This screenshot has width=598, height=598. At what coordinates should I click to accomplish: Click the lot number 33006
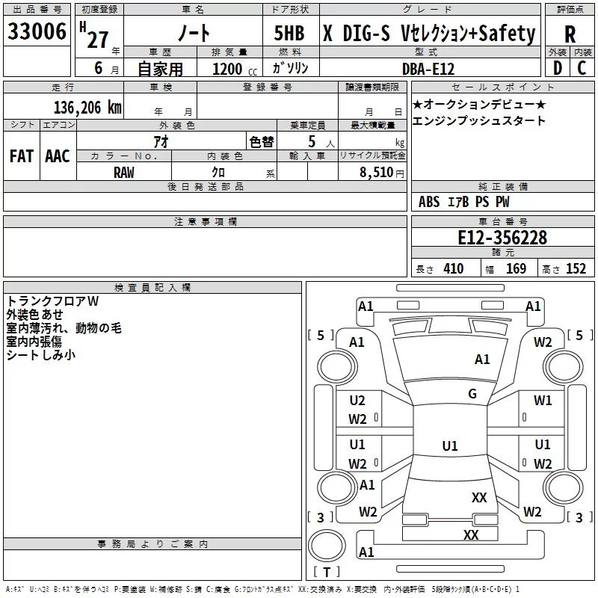point(37,31)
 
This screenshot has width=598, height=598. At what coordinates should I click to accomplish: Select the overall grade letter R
point(570,34)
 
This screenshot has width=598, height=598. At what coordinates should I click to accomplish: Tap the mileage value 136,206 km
point(87,108)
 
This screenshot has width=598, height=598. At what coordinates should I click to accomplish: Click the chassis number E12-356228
point(502,238)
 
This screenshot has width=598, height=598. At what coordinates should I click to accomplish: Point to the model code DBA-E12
point(428,69)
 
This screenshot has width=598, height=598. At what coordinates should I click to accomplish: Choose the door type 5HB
point(289,33)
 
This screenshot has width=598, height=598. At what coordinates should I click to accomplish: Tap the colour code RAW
point(124,173)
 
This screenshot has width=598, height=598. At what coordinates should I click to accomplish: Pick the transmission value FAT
point(22,156)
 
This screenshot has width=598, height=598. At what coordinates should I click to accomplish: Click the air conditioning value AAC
point(58,156)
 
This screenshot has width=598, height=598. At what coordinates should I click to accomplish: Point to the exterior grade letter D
point(558,68)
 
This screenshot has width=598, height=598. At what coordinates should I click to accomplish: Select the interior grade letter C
point(582,68)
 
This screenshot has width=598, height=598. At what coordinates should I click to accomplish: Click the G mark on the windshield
point(472,394)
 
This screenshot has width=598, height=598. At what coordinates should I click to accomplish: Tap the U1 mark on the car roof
point(450,446)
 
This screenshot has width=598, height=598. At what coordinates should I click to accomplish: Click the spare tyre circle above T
point(327,546)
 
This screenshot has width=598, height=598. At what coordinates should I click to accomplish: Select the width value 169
point(516,269)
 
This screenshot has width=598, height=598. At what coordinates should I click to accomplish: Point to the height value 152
point(576,269)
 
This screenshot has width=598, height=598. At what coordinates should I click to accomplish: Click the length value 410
point(454,269)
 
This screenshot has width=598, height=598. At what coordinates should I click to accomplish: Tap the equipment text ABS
point(429,202)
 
